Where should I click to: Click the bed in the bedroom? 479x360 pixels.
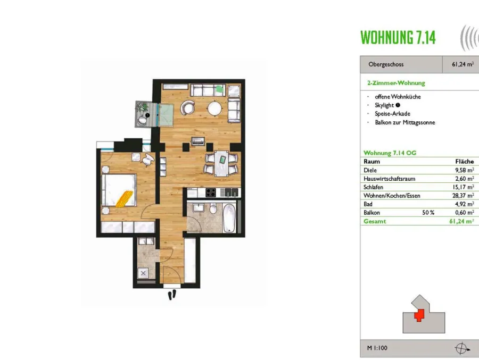pyautogui.click(x=119, y=190)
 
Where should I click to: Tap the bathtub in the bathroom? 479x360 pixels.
pyautogui.click(x=229, y=217)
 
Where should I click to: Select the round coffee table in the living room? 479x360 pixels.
pyautogui.click(x=215, y=108)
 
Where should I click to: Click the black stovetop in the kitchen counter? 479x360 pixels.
pyautogui.click(x=211, y=192)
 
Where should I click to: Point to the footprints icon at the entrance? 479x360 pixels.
pyautogui.click(x=172, y=295)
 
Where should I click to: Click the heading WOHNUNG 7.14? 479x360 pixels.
pyautogui.click(x=398, y=38)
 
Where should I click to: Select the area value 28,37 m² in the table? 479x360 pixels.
pyautogui.click(x=463, y=195)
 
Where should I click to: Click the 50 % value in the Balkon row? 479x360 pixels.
pyautogui.click(x=428, y=213)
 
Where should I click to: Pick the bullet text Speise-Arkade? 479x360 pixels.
pyautogui.click(x=393, y=114)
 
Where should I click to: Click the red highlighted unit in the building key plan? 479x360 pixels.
pyautogui.click(x=419, y=315)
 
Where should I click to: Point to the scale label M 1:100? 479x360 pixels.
pyautogui.click(x=377, y=348)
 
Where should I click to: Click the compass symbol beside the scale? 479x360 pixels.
pyautogui.click(x=462, y=348)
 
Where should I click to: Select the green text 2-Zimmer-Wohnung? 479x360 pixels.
pyautogui.click(x=396, y=83)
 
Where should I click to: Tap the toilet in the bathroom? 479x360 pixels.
pyautogui.click(x=213, y=208)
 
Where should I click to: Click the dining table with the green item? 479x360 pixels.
pyautogui.click(x=222, y=164)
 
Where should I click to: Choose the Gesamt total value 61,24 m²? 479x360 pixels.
pyautogui.click(x=461, y=221)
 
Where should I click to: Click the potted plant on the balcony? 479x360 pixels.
pyautogui.click(x=142, y=107)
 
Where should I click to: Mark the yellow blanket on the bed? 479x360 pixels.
pyautogui.click(x=125, y=199)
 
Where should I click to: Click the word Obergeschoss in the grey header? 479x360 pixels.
pyautogui.click(x=386, y=64)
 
